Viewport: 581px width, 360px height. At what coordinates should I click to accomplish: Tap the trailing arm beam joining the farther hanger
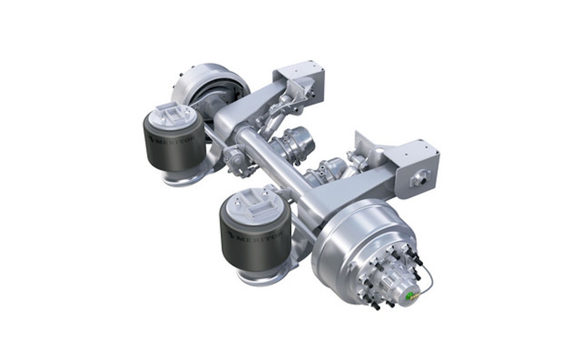tap(252, 104)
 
